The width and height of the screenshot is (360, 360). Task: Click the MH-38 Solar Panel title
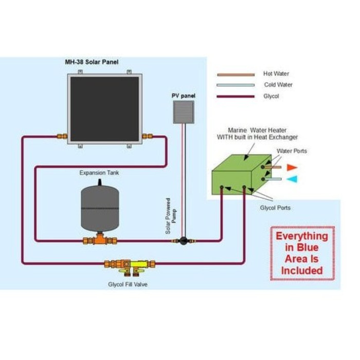[92, 62]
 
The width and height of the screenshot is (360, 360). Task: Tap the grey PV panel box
[183, 112]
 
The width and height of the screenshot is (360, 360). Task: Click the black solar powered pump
[183, 241]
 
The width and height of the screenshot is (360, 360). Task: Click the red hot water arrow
[292, 167]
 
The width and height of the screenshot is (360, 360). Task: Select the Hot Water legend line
[236, 75]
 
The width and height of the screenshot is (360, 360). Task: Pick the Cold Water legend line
[236, 85]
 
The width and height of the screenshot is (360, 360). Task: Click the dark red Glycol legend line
[236, 97]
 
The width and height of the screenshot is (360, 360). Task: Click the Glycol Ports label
[275, 208]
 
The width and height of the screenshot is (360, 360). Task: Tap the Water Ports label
[292, 151]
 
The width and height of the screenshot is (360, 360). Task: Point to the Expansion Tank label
[99, 173]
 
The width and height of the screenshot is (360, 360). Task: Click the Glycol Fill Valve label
[128, 284]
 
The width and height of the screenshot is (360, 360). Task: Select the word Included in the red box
[302, 271]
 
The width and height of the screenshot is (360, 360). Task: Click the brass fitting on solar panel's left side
[62, 136]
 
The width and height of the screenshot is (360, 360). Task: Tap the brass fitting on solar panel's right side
[147, 136]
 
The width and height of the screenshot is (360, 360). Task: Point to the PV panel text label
[183, 96]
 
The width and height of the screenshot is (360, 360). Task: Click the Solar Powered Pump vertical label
[171, 216]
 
